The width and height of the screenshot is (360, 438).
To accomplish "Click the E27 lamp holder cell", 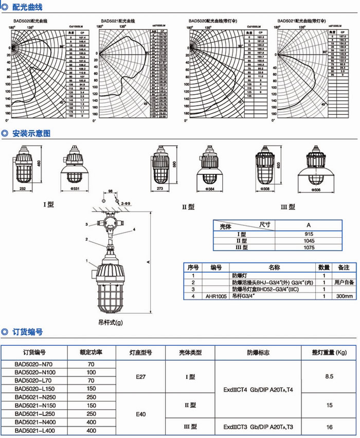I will (141, 377).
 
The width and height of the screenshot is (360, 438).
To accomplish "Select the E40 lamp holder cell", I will (141, 413).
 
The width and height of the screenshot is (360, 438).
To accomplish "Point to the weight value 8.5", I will (330, 377).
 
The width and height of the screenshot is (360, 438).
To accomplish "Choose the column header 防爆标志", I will (258, 353).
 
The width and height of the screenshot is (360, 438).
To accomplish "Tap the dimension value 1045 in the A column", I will (309, 241).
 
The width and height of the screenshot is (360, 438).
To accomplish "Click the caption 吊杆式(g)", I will (111, 322).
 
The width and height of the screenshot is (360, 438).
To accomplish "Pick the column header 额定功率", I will (91, 353).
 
